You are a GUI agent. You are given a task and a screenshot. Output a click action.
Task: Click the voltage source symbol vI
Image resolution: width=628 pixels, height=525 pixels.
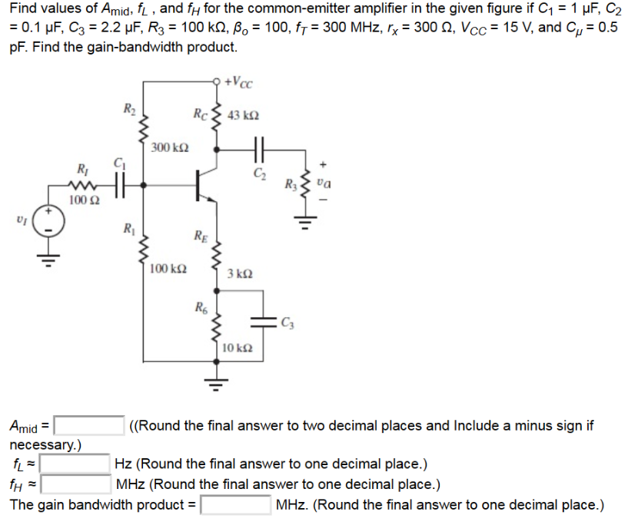48,221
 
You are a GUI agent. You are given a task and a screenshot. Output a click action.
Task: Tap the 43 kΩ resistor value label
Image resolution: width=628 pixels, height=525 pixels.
243,116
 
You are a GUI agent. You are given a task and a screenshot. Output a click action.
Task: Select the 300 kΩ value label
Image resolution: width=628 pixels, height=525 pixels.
170,147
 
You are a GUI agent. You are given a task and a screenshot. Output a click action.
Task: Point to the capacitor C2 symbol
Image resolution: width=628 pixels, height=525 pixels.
259,150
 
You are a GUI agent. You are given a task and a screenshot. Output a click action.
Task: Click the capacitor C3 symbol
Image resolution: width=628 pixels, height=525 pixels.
263,322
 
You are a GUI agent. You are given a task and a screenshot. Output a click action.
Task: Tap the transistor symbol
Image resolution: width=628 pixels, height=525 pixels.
206,185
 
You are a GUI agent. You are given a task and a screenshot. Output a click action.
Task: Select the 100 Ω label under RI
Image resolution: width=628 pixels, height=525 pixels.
84,200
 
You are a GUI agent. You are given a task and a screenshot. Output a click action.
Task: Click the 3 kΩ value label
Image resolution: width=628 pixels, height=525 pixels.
240,274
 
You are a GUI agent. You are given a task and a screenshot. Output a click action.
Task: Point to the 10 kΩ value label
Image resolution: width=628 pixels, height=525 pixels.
237,348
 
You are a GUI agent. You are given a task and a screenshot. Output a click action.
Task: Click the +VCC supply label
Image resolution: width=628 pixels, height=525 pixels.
239,82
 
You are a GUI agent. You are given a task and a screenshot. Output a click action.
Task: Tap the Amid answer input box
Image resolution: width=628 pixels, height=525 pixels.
89,425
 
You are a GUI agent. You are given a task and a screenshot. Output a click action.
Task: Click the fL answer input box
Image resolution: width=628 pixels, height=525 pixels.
75,464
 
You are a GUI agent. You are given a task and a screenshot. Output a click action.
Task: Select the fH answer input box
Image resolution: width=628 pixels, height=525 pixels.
75,484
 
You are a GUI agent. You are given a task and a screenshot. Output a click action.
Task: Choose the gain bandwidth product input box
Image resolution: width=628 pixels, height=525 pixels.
235,504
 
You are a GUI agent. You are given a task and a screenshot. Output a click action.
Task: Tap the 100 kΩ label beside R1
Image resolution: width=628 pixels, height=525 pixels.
168,269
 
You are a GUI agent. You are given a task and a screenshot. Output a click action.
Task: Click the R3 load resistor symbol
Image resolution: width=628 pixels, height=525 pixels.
306,185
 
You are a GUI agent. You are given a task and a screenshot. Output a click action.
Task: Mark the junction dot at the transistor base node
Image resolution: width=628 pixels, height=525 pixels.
144,185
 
